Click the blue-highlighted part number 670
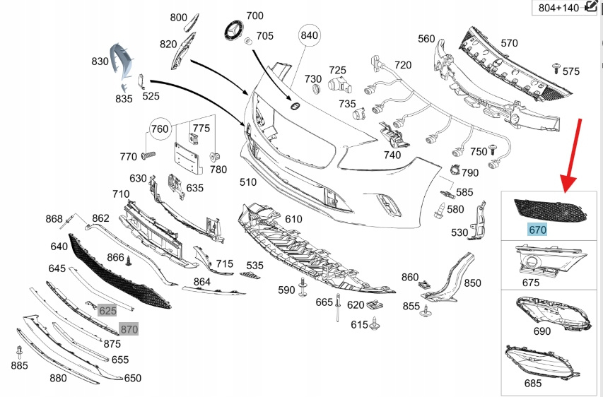click(538, 229)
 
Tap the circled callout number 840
click(310, 35)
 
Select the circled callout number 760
click(160, 129)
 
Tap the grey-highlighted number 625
click(107, 310)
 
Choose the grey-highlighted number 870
click(129, 328)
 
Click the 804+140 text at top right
click(558, 8)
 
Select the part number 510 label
click(247, 182)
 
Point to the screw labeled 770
click(147, 155)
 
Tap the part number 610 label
click(293, 219)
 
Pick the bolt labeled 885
click(19, 351)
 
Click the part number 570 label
click(509, 43)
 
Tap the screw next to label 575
click(556, 68)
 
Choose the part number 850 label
click(472, 283)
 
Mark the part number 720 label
click(402, 65)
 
